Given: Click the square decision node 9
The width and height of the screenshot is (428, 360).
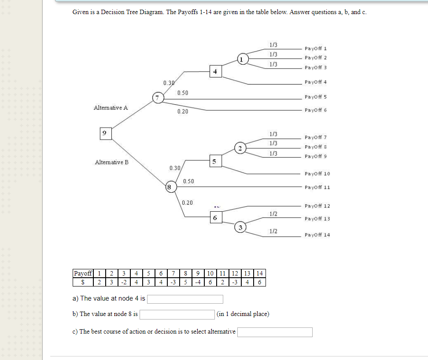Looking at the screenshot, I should coord(104,132).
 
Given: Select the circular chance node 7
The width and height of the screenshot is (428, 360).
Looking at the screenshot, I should coord(157,97).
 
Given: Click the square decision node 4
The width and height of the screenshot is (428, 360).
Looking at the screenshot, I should coord(215,71).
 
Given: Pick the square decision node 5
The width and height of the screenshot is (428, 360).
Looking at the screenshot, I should coord(214,162).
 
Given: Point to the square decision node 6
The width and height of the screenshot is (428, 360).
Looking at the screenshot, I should coord(214,218).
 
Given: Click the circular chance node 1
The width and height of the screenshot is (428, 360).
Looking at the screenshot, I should coord(242,59).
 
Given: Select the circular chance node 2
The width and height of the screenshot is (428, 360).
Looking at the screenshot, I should coord(240,148).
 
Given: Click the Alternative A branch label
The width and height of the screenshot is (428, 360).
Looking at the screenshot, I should coord(111,107).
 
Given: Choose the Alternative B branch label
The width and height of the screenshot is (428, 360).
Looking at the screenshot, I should coord(112,162).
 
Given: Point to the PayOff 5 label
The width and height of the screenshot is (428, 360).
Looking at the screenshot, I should coord(315,97).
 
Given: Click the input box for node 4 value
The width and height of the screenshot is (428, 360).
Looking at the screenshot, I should coord(185,299).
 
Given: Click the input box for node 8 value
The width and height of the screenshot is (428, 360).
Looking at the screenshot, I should coord(177,314).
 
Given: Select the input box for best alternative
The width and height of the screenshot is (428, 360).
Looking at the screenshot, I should coord(275,332).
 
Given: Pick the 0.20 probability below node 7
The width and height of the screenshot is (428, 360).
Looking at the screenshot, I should coord(183,112).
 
